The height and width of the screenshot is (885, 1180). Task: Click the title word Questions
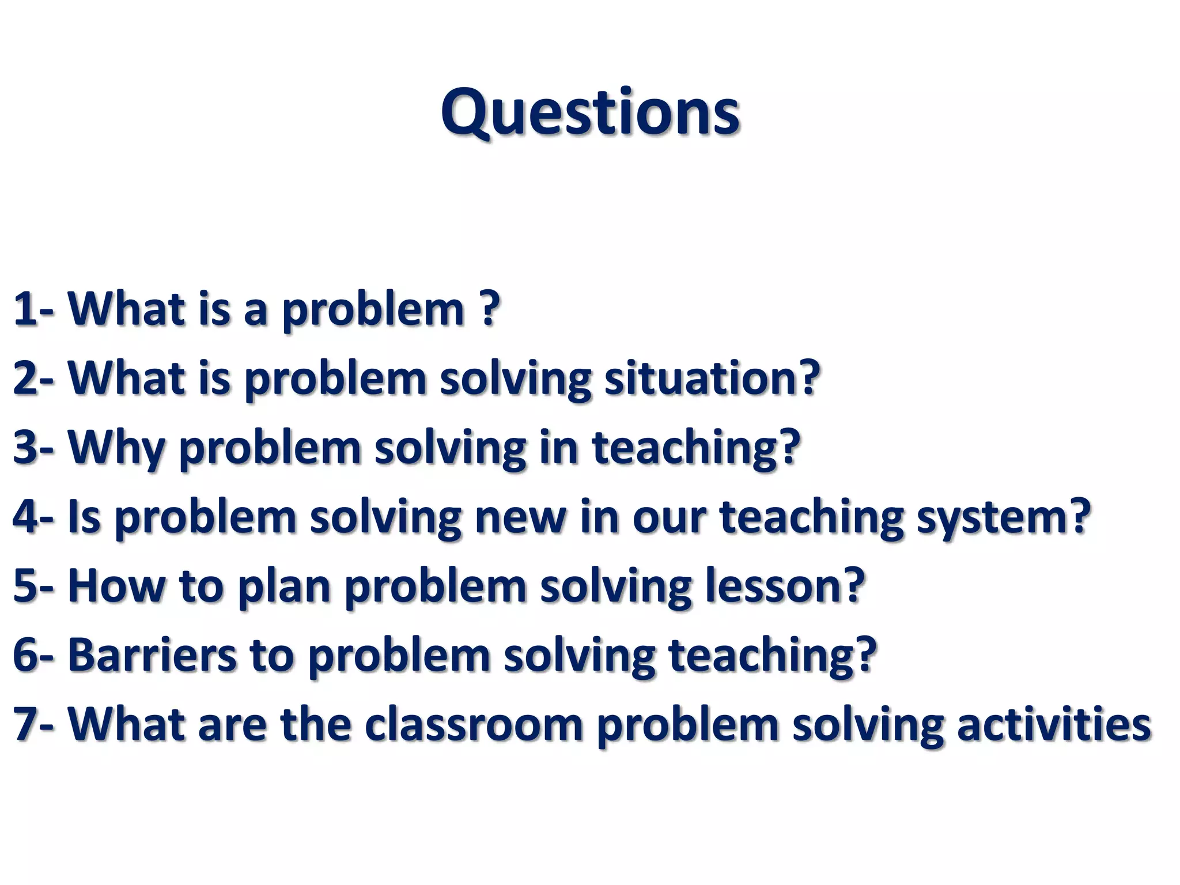[x=590, y=112]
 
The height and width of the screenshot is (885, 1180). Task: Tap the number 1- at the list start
[x=33, y=309]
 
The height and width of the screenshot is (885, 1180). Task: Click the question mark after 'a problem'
[x=489, y=308]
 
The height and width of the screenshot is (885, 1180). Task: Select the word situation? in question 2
[x=712, y=379]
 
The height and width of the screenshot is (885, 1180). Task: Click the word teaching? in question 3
[x=696, y=448]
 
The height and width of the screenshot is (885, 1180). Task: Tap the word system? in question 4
[x=1003, y=517]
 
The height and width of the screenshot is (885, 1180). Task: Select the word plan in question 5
[x=284, y=586]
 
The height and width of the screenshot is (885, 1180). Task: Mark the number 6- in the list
[x=33, y=655]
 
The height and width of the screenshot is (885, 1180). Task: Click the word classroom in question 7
[x=474, y=724]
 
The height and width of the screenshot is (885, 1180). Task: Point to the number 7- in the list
[x=33, y=724]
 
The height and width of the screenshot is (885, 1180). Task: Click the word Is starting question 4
[x=84, y=517]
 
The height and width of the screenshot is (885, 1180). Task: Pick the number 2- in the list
[x=33, y=379]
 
